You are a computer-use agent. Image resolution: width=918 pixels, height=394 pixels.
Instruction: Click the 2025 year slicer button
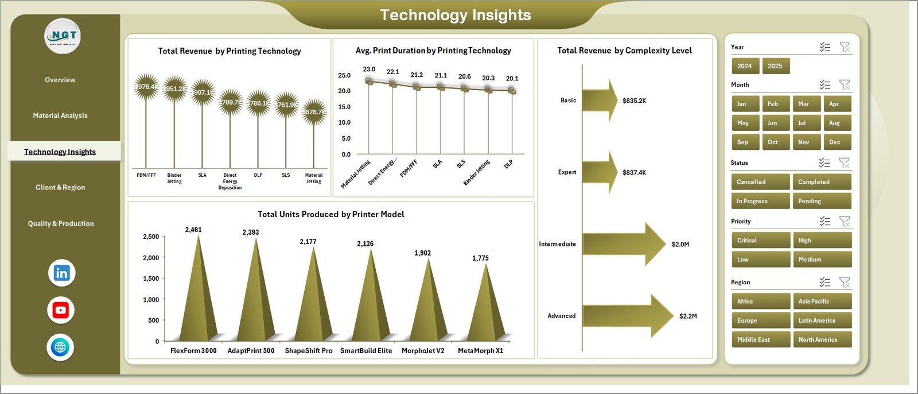click(x=775, y=66)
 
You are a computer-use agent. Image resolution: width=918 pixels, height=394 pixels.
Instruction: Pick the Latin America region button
click(x=822, y=320)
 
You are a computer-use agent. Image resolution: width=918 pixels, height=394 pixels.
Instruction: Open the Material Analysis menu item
click(x=60, y=115)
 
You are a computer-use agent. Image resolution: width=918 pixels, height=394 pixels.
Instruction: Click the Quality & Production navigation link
click(x=61, y=223)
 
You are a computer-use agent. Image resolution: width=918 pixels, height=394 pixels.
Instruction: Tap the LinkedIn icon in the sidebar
click(x=61, y=273)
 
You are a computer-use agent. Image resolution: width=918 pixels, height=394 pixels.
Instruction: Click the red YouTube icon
click(x=61, y=310)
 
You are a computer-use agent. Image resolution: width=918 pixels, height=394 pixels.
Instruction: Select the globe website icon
click(x=60, y=347)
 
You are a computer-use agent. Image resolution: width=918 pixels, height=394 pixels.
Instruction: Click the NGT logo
click(x=63, y=36)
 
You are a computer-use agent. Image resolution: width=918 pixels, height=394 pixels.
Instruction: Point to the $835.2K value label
click(x=634, y=101)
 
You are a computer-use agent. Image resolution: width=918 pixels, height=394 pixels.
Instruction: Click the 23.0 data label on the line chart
click(x=369, y=69)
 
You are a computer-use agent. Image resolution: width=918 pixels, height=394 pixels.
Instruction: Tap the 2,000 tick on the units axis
click(x=151, y=258)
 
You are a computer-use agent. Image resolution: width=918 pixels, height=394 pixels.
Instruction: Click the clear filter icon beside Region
click(x=845, y=282)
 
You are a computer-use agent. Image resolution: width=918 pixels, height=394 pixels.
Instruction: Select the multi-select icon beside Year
click(x=825, y=47)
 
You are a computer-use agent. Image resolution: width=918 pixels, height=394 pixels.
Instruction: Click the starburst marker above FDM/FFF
click(x=146, y=87)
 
